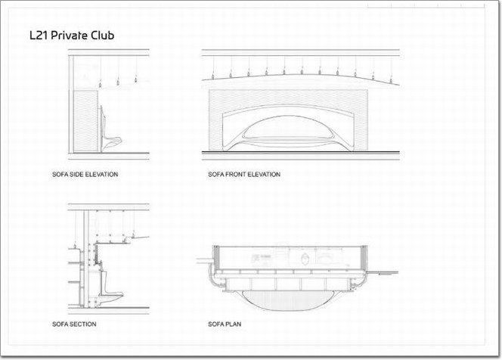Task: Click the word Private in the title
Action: coord(69,36)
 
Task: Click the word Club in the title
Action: coord(103,36)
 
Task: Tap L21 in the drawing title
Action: coord(39,36)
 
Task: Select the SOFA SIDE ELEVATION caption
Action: coord(85,175)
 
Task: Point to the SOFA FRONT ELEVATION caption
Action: coord(244,175)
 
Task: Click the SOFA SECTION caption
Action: coord(74,324)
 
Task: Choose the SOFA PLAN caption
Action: coord(225,324)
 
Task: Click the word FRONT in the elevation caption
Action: coord(237,175)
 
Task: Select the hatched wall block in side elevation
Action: coord(85,121)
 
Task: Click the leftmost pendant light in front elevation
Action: coord(213,76)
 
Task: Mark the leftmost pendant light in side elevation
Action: coord(101,85)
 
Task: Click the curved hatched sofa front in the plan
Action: coord(288,300)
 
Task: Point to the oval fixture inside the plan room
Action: coord(305,258)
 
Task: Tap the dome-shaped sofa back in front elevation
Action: coord(288,129)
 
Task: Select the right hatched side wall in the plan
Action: coord(364,257)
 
